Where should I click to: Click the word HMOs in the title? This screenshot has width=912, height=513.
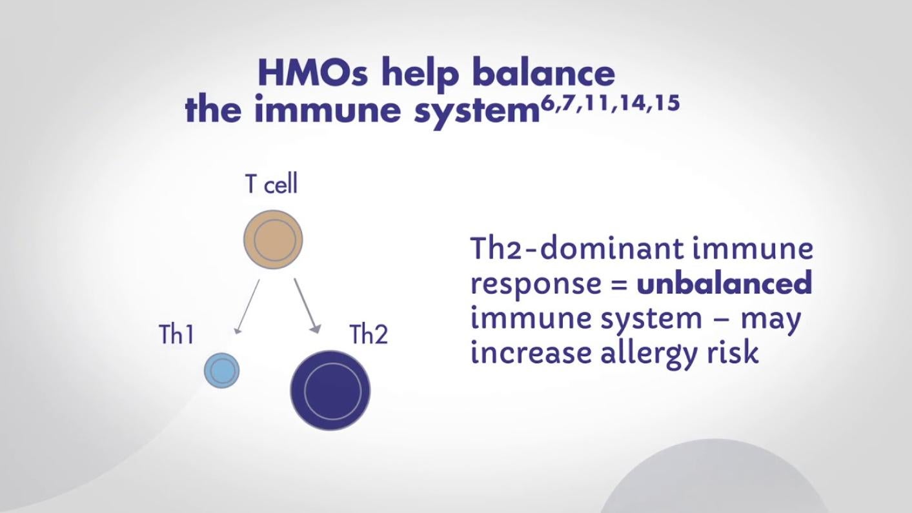click(313, 74)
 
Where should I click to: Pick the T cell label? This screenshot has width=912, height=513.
click(271, 184)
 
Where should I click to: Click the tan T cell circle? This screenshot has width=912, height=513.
click(273, 239)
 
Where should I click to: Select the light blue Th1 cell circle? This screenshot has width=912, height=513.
click(222, 370)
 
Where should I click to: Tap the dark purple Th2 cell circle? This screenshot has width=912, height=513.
click(330, 390)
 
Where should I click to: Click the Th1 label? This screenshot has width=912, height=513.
click(176, 334)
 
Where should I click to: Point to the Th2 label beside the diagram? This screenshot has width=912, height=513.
click(369, 334)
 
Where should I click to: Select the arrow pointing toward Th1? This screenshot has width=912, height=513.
click(247, 307)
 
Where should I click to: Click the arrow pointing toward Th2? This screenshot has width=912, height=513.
click(307, 306)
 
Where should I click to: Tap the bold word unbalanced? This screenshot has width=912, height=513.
click(725, 282)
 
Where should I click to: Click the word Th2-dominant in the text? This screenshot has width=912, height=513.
click(577, 248)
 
